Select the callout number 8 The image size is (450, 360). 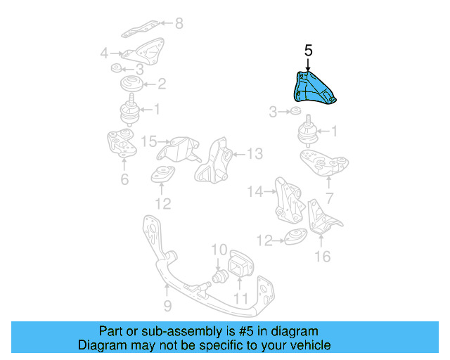pos(179,25)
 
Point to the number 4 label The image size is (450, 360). pos(104,53)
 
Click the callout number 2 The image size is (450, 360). pos(162,84)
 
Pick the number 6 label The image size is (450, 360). pos(124,180)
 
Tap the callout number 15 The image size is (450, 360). pos(147,142)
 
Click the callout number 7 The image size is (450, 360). pos(329,199)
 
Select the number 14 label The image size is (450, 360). pos(255,191)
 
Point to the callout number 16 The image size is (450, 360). pos(322,257)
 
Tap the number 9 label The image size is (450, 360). pos(167,306)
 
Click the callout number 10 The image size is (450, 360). pos(219,249)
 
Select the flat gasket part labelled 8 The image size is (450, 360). pos(141,30)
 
